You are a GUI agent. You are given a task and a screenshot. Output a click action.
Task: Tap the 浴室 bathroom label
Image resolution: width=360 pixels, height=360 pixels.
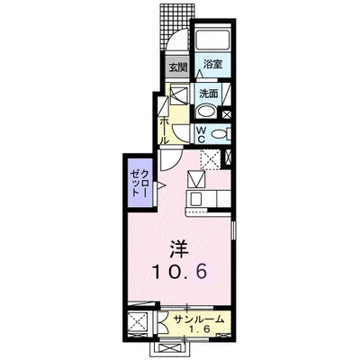(x=212, y=65)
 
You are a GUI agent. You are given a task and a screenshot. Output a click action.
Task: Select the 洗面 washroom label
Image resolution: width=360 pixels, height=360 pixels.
(x=209, y=92)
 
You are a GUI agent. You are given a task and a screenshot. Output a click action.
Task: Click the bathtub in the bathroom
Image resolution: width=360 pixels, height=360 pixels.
(x=213, y=40)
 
